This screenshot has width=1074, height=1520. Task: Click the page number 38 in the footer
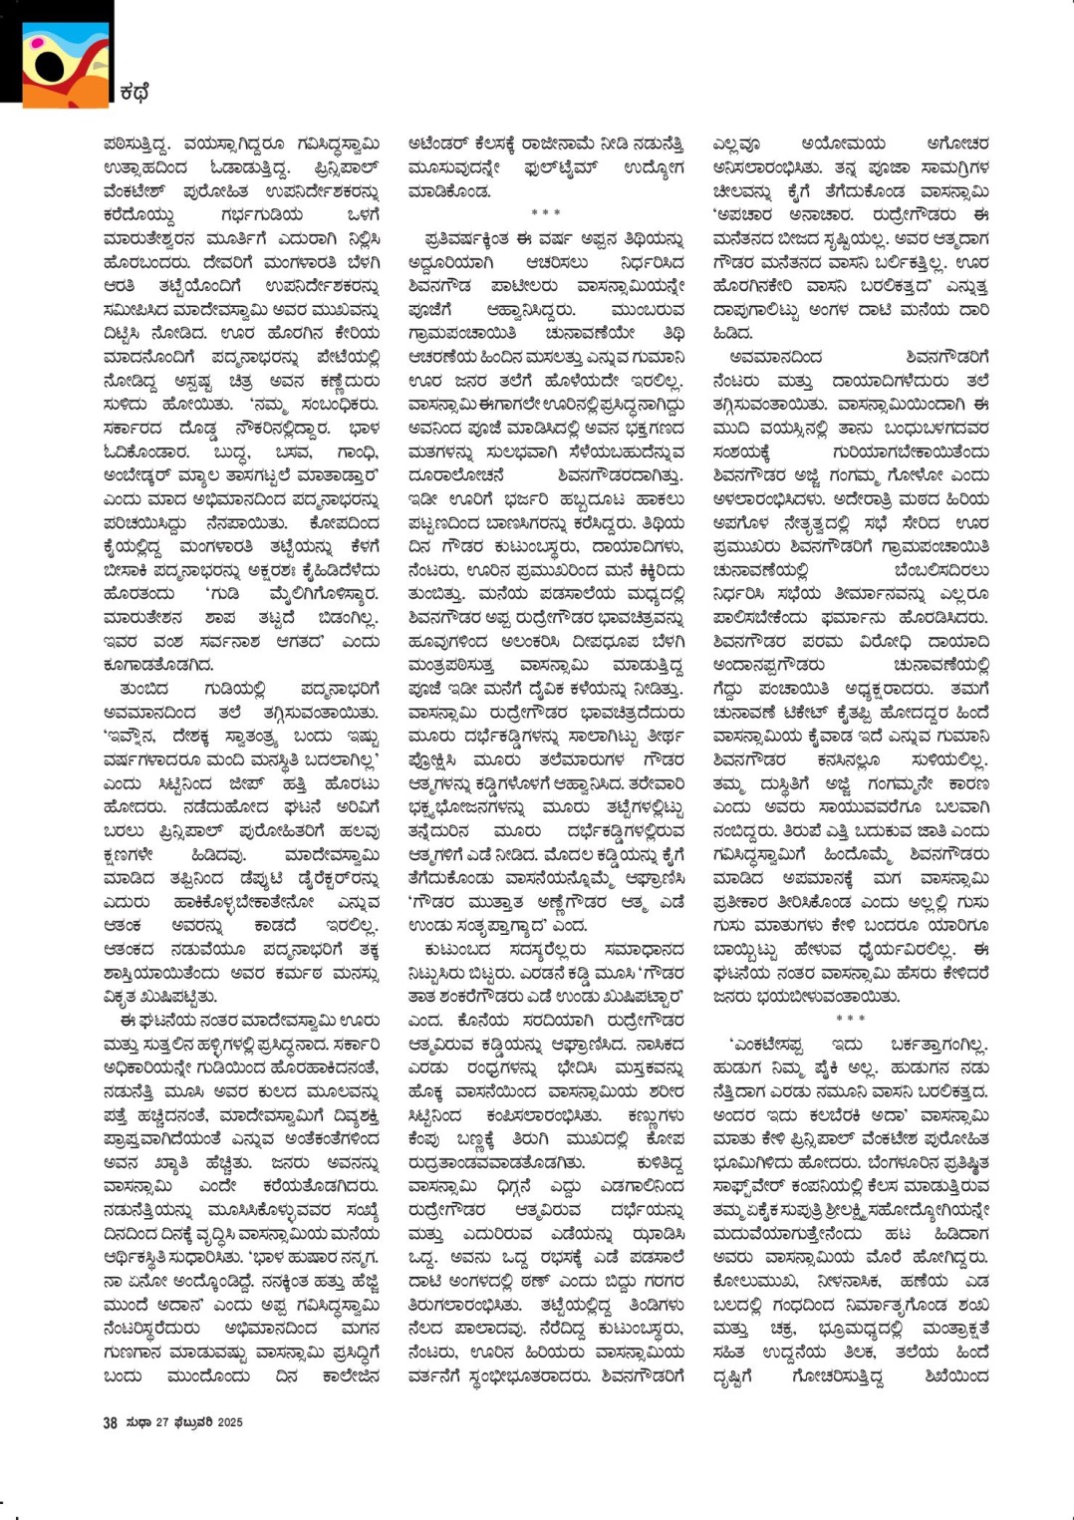click(x=111, y=1422)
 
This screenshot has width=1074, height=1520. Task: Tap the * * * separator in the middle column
click(x=546, y=213)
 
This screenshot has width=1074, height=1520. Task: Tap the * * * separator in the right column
click(x=851, y=1019)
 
